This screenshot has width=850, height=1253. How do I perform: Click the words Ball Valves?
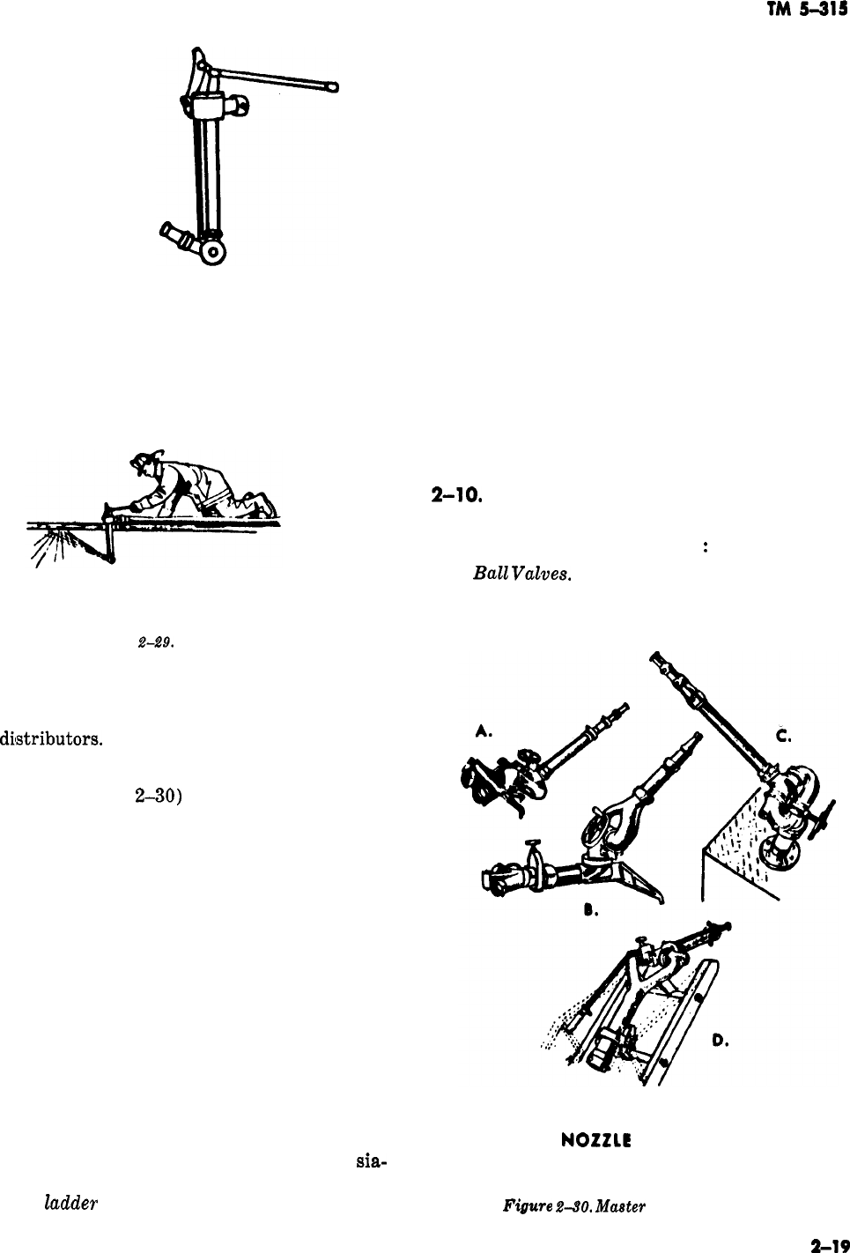[x=522, y=574]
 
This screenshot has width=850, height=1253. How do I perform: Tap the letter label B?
[x=595, y=913]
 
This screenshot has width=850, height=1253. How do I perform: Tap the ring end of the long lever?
[x=333, y=86]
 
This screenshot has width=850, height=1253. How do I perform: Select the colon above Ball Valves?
[x=706, y=546]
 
